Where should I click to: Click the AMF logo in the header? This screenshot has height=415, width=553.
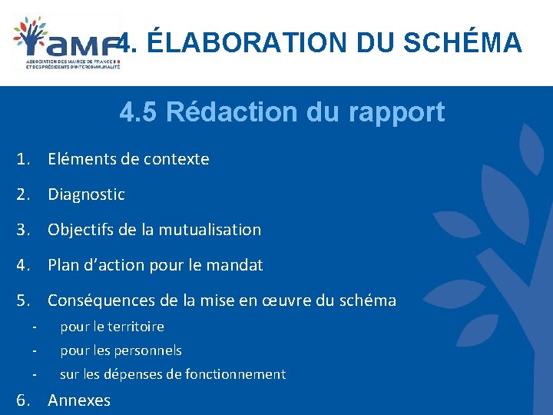pos(67,42)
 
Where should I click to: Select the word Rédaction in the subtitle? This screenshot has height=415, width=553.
pos(232,112)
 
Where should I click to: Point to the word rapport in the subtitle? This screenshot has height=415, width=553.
pos(399,112)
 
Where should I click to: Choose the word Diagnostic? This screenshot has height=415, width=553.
pos(86,194)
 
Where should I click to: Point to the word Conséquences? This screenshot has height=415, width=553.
pos(101,300)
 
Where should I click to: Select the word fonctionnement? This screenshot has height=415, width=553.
pos(239,374)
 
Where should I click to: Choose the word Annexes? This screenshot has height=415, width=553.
pos(79,400)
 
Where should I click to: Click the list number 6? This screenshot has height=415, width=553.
pos(23,400)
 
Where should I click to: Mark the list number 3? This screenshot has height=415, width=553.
pos(23,230)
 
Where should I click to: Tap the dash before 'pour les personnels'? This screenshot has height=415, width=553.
pos(35,350)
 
